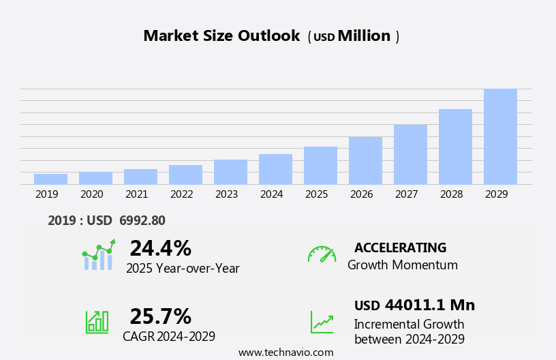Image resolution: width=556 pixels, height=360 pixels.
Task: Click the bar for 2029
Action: (x=500, y=136)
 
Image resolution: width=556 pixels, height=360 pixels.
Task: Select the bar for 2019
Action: (x=50, y=179)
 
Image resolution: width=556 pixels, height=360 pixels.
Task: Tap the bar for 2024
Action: (x=275, y=169)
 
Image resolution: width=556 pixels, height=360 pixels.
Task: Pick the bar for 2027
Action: (x=410, y=154)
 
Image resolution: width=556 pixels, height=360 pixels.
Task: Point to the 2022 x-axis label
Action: (x=181, y=194)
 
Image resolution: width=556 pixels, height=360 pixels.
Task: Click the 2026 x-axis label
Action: (x=361, y=194)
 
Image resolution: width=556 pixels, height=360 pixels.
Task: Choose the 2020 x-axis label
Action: (x=91, y=194)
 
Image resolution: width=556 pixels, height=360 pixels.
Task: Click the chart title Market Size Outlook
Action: (x=221, y=36)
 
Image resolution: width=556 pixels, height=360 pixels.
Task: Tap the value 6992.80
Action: (x=142, y=220)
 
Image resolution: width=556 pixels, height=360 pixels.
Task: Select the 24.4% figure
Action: (x=160, y=248)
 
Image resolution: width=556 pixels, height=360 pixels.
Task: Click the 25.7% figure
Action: (x=160, y=316)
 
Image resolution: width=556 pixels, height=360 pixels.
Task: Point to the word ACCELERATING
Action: (x=400, y=247)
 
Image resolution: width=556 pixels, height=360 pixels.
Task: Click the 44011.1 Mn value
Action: (x=429, y=305)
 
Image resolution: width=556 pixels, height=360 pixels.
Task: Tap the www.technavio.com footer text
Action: (x=285, y=352)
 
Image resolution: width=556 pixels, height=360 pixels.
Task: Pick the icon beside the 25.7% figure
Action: (x=97, y=321)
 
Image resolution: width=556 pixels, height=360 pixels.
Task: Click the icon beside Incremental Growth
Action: (x=322, y=322)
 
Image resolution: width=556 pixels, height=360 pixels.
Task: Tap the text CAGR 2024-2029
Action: (x=169, y=336)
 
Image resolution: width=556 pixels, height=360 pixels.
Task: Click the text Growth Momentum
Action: (x=402, y=265)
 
